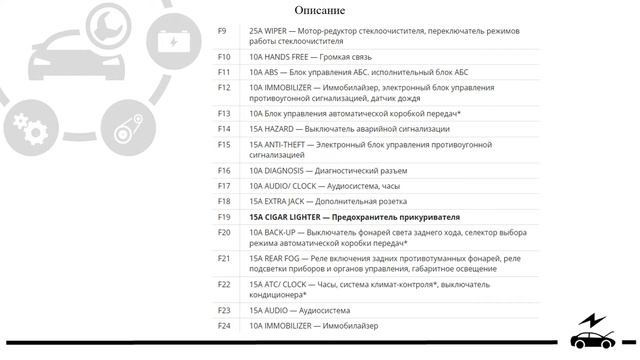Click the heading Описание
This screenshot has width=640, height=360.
pos(320,10)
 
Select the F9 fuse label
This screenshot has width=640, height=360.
pos(223,31)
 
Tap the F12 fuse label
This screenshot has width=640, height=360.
pos(224,87)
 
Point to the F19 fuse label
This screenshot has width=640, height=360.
pos(224,216)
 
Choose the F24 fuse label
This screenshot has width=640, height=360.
pos(224,325)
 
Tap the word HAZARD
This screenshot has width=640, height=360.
pos(283,129)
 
